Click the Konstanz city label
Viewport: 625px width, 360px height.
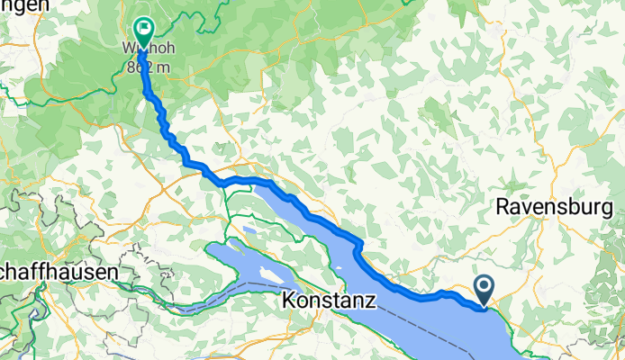click(x=328, y=301)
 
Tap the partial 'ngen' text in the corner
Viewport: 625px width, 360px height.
click(x=23, y=7)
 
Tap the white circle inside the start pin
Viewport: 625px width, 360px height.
click(x=484, y=287)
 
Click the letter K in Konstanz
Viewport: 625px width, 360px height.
click(x=288, y=301)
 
